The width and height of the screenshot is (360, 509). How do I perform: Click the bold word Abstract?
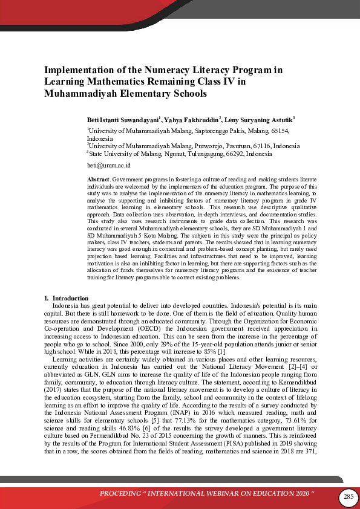point(99,180)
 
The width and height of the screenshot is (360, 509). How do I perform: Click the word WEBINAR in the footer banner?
point(237,497)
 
